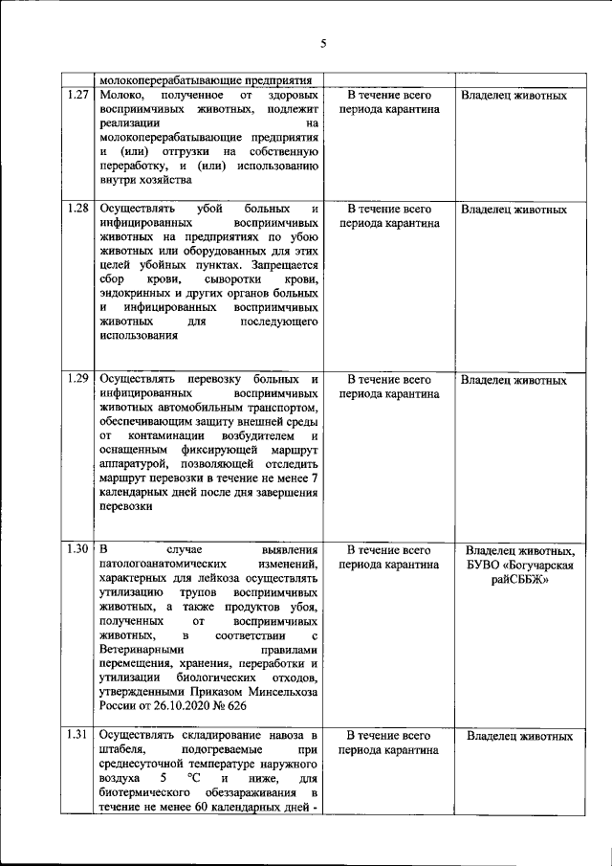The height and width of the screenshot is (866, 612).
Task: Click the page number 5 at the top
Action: click(x=323, y=43)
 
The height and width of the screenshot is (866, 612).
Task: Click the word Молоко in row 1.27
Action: click(x=120, y=96)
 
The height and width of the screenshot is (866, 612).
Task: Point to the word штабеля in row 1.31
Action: click(x=121, y=751)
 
